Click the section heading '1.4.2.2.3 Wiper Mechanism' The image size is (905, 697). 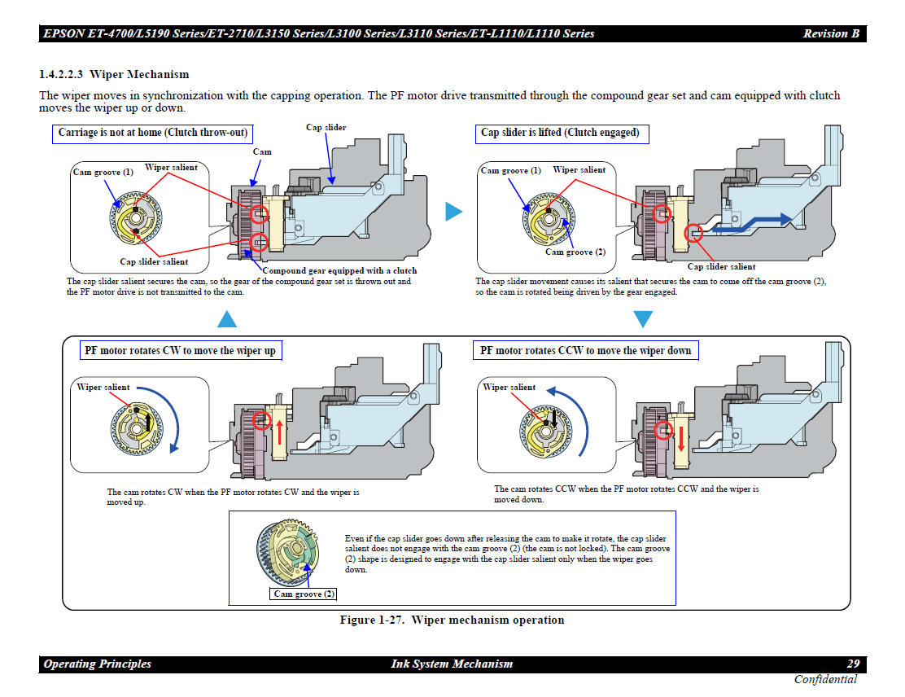(114, 75)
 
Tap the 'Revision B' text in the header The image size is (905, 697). (830, 34)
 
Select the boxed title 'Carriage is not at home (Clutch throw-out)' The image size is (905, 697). (153, 133)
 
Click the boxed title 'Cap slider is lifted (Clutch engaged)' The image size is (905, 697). (561, 133)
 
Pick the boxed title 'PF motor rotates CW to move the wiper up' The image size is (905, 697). (180, 351)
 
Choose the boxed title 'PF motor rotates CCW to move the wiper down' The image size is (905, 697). (585, 351)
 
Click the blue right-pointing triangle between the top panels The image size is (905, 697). (453, 212)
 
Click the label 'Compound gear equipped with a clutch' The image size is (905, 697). (339, 271)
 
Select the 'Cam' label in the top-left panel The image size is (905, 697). (262, 151)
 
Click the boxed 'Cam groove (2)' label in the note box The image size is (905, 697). (304, 594)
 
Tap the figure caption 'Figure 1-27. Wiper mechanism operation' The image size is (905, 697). (452, 620)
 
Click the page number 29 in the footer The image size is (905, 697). (853, 664)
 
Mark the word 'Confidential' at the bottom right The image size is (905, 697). (825, 680)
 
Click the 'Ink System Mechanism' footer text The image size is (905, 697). (452, 664)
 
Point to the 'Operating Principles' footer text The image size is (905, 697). (98, 664)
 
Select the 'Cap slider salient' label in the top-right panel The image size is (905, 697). (721, 266)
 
